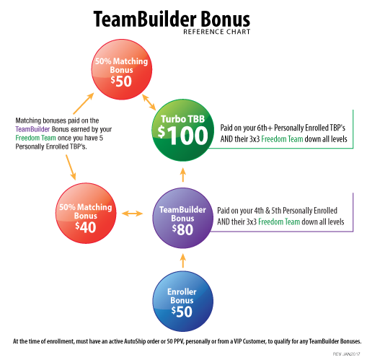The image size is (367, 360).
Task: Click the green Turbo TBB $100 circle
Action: (182, 130)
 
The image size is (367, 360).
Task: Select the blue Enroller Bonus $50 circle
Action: (182, 302)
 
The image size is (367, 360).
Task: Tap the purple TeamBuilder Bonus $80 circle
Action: (182, 218)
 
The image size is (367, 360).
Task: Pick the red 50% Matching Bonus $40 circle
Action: (86, 214)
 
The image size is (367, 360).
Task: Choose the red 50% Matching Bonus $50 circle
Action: (122, 69)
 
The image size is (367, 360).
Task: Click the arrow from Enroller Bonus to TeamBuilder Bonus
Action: (183, 261)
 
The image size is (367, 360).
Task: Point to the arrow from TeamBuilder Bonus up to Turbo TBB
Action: (183, 175)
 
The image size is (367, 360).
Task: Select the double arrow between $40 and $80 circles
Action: (133, 214)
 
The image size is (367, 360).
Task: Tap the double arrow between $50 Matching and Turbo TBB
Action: (149, 102)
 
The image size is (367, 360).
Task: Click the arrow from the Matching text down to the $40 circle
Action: (71, 167)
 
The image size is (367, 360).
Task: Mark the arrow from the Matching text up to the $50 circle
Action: (84, 103)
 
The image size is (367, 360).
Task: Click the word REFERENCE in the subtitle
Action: (200, 32)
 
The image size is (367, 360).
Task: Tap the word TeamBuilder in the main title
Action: (145, 19)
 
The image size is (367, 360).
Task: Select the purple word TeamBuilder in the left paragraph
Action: (32, 129)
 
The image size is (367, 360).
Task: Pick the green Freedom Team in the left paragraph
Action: (35, 138)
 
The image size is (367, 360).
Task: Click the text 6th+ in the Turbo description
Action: (265, 128)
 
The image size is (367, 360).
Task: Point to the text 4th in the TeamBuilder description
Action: (259, 211)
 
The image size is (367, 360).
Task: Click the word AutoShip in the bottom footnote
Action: (135, 341)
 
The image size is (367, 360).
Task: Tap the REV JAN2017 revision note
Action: (346, 354)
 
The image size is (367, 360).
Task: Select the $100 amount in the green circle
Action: (182, 136)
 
